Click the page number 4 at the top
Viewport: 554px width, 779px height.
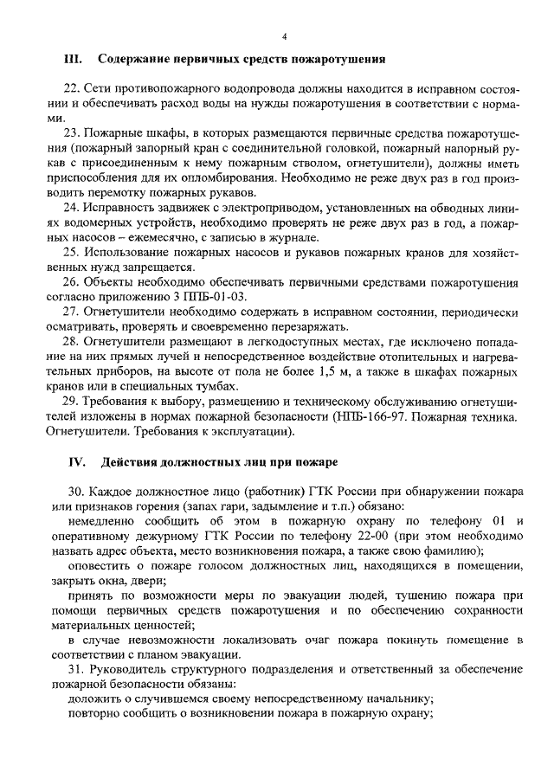coord(284,35)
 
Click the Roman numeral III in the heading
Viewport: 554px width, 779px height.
coord(73,60)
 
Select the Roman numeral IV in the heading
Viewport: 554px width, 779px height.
coord(73,460)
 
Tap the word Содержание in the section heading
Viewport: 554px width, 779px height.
coord(135,60)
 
